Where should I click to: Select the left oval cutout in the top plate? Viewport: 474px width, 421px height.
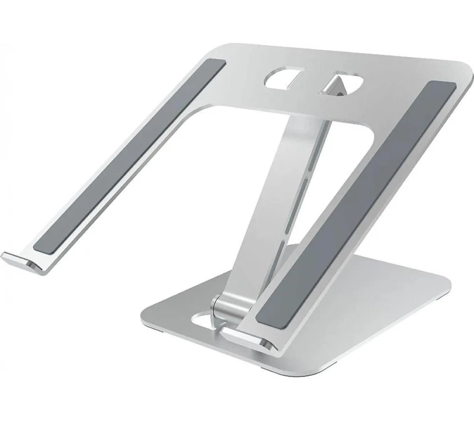tap(283, 81)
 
